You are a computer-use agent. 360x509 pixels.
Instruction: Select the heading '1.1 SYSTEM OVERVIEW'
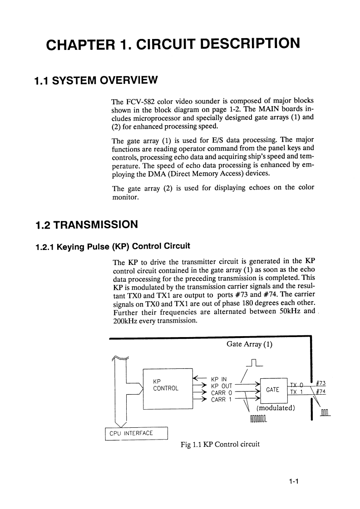coord(96,81)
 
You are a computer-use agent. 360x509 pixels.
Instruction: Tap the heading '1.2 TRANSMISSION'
coord(86,225)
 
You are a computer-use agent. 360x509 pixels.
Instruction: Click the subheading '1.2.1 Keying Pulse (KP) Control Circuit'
coord(112,246)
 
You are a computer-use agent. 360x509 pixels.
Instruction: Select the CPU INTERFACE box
coord(136,433)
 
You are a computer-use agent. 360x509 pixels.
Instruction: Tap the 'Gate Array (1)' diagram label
coord(249,344)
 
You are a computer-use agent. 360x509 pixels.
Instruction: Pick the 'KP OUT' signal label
coord(222,386)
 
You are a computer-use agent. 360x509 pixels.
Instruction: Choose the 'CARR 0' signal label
coord(222,392)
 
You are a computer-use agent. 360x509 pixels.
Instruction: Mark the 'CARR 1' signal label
coord(222,400)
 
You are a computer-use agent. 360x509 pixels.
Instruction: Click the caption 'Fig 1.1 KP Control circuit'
coord(220,444)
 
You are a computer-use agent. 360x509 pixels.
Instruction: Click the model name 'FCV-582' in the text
coord(140,100)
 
